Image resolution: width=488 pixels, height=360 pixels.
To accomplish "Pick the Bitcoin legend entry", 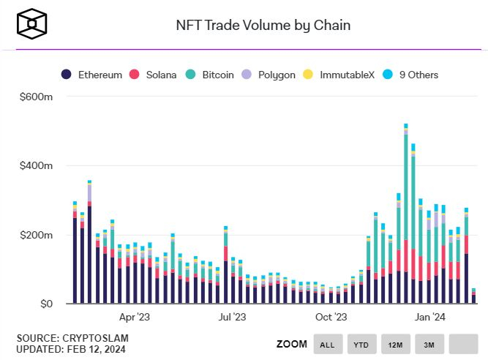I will (x=211, y=75).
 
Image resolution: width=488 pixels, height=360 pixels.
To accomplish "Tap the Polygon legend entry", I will (x=270, y=75).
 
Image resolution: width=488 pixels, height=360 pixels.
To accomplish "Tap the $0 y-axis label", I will (x=45, y=304).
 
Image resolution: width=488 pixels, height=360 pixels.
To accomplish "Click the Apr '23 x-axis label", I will (x=134, y=318).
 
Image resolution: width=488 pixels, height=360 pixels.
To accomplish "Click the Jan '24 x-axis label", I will (x=430, y=318).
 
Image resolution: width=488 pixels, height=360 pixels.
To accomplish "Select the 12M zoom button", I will (x=395, y=344).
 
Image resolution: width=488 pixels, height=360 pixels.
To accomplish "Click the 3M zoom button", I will (x=429, y=344).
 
